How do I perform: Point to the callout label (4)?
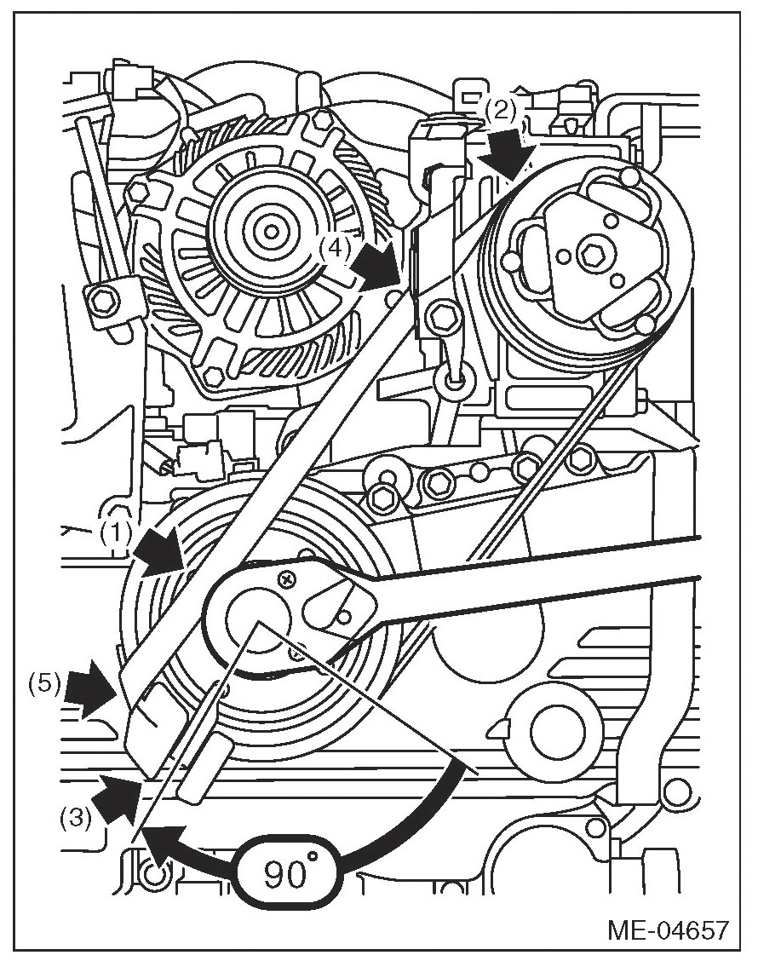336,248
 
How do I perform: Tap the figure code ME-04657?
668,929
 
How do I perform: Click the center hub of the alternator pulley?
271,230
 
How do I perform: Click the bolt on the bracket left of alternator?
103,299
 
